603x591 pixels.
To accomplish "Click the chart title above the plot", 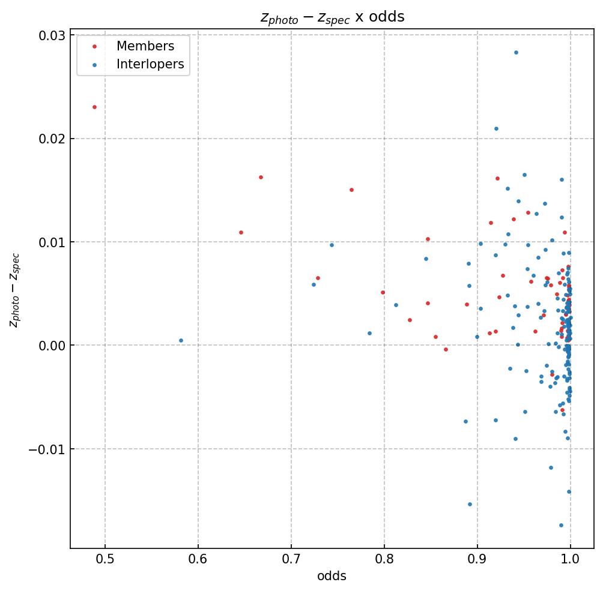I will [x=332, y=17].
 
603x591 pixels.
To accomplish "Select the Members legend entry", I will [x=145, y=46].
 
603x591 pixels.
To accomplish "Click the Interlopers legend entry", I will [x=150, y=64].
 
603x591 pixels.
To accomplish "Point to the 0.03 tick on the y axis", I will [x=52, y=35].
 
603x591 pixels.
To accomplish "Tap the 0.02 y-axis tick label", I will [x=52, y=139].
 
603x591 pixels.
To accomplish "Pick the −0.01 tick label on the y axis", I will [x=48, y=449].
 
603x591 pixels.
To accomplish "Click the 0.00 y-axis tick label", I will [x=52, y=346].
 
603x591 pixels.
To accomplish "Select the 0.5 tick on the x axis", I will [x=105, y=559].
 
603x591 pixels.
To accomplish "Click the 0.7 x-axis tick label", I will [x=291, y=559].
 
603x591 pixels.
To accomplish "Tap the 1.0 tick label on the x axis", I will [x=570, y=559].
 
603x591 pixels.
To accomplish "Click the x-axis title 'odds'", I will [x=332, y=577].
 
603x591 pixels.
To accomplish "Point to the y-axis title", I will [x=14, y=290].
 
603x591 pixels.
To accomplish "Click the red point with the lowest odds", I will [x=94, y=107].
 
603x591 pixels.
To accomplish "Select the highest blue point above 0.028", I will [x=516, y=52].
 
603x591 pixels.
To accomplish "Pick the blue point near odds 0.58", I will [x=181, y=340].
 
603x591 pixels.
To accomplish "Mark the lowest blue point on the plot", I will [x=561, y=525].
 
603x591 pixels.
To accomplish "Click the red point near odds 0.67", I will [x=261, y=177].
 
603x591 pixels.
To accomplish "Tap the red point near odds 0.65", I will [x=241, y=232].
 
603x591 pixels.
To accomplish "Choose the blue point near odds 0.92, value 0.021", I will [x=496, y=128].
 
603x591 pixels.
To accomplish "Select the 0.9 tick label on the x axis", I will [x=477, y=559].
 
